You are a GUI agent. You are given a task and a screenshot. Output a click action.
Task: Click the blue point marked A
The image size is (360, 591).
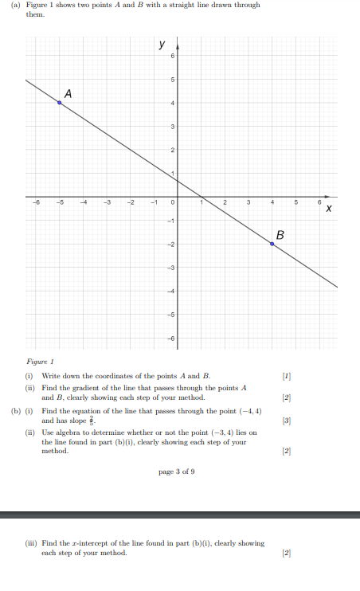click(x=59, y=103)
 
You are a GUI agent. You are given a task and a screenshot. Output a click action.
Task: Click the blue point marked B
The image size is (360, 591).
click(x=272, y=244)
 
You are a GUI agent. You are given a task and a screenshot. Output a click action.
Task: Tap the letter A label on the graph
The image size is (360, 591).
click(x=68, y=93)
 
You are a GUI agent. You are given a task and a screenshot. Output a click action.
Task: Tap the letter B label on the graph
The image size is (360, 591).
click(x=280, y=234)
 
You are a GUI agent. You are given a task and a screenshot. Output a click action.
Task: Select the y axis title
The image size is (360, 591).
click(x=162, y=44)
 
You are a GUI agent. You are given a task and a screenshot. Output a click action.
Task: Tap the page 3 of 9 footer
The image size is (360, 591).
click(x=177, y=472)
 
